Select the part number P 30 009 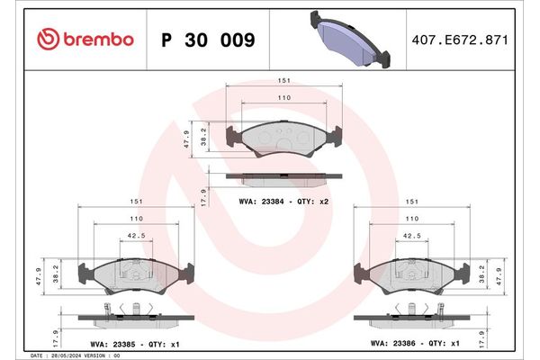207,40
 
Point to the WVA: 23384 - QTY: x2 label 284,202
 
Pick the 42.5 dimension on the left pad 136,236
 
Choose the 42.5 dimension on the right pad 412,236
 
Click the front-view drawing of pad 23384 283,138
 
